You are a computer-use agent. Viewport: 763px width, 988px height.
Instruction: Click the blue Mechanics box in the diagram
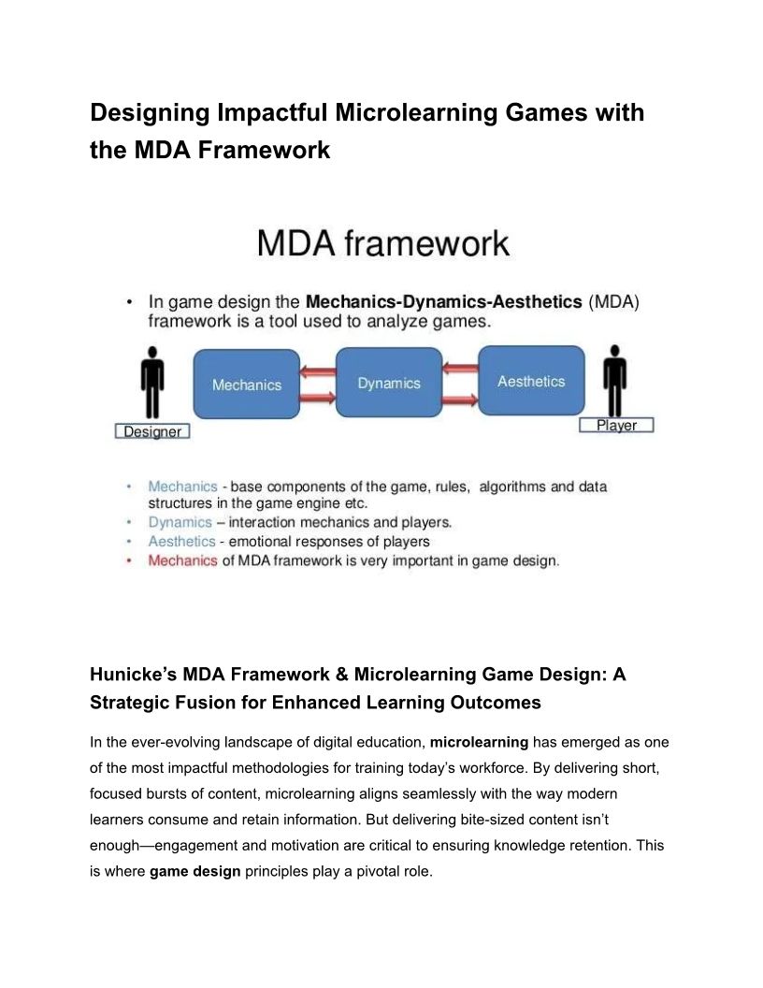[246, 384]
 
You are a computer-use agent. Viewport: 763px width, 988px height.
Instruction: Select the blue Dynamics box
[388, 382]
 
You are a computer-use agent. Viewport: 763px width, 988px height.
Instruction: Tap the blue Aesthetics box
[531, 381]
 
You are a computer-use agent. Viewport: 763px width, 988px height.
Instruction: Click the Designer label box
[152, 431]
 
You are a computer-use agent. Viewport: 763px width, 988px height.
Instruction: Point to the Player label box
[616, 425]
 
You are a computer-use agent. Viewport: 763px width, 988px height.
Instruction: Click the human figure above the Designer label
[152, 382]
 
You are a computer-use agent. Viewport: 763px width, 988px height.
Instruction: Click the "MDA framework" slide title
[383, 244]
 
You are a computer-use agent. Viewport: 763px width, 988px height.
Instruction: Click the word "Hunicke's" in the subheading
[133, 675]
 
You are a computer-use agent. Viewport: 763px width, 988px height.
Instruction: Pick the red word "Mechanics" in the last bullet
[182, 560]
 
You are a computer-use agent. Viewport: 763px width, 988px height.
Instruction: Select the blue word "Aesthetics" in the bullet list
[181, 542]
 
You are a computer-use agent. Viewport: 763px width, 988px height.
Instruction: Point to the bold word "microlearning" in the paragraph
[479, 743]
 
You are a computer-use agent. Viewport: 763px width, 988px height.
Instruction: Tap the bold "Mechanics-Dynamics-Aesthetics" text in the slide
[444, 302]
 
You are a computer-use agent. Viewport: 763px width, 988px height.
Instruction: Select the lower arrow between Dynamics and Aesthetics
[459, 400]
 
